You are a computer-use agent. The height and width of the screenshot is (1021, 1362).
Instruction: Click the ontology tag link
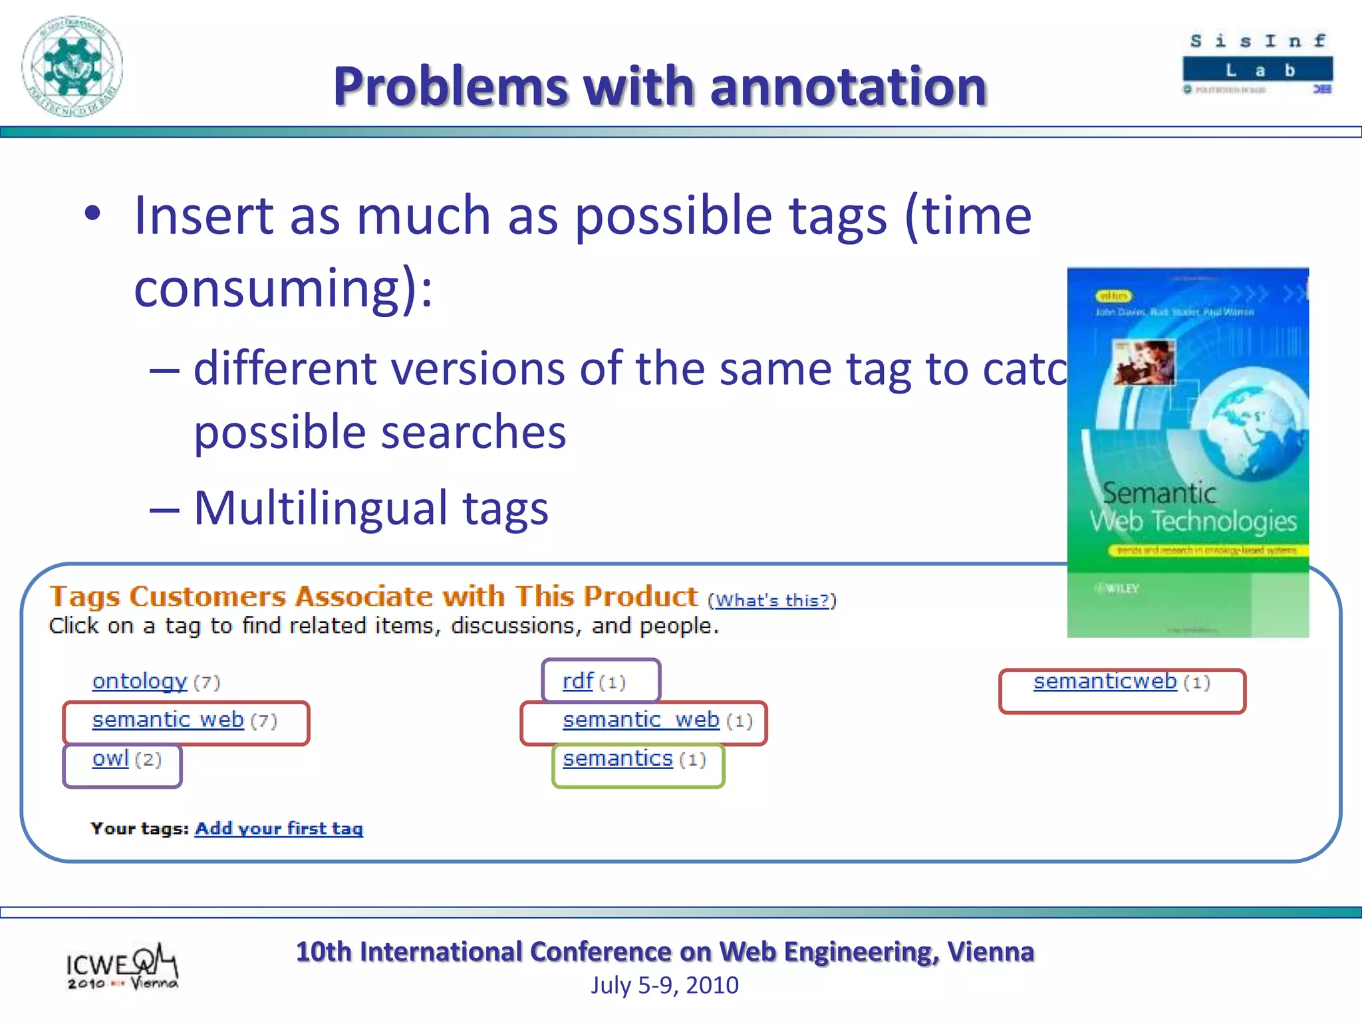(x=140, y=681)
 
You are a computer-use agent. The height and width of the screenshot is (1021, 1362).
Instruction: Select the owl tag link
(x=110, y=758)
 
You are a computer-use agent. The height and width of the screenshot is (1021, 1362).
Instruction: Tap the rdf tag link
(x=577, y=681)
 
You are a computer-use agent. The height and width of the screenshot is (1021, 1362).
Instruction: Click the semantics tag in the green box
(x=618, y=758)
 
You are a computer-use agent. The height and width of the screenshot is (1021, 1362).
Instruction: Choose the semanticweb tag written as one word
(x=1105, y=681)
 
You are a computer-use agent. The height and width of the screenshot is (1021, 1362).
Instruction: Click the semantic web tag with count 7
(x=168, y=720)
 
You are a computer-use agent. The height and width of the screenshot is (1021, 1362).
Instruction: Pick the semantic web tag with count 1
(x=640, y=720)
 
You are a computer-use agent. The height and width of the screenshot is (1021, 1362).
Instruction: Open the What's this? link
(x=771, y=601)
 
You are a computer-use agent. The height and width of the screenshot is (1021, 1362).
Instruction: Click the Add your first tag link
(x=279, y=829)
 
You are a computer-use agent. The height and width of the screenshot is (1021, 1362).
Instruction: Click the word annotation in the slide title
(x=848, y=87)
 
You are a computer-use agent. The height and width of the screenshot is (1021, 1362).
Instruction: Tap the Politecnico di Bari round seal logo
(x=72, y=66)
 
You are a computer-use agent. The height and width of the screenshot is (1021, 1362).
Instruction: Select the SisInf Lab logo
(x=1258, y=64)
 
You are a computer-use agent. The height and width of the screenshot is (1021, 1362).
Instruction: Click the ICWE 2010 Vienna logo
(x=122, y=967)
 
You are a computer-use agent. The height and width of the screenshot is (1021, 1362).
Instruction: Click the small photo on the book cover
(x=1144, y=362)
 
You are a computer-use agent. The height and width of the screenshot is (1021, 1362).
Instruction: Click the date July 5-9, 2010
(x=664, y=985)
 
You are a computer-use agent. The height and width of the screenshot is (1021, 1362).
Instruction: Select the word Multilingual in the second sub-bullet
(x=321, y=509)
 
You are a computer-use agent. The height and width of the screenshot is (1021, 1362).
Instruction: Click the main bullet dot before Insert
(x=92, y=214)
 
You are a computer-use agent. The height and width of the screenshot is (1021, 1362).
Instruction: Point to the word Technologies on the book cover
(x=1224, y=521)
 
